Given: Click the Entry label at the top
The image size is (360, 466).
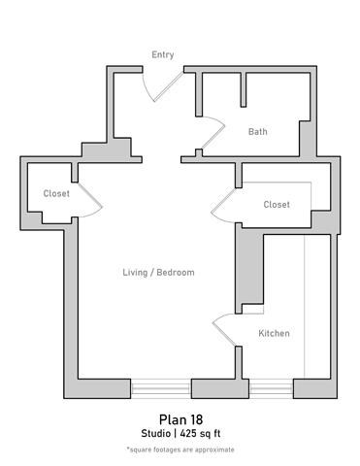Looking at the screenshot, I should coord(163,54).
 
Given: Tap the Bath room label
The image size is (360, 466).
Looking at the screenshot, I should coord(257,132).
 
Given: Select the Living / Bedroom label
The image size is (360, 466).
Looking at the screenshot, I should coord(158,273).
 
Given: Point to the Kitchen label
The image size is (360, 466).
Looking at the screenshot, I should coord(274,334).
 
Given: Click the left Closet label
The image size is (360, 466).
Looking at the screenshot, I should coord(56,194).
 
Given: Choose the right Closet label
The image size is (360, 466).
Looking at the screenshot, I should coord(277,205).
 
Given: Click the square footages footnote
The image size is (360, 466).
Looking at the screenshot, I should coord(180,449).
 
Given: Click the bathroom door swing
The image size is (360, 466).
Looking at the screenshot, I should coord(215,136).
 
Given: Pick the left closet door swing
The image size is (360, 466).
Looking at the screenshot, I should coord(90,202).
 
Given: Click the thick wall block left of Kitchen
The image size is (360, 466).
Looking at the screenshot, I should coord(250,272).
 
